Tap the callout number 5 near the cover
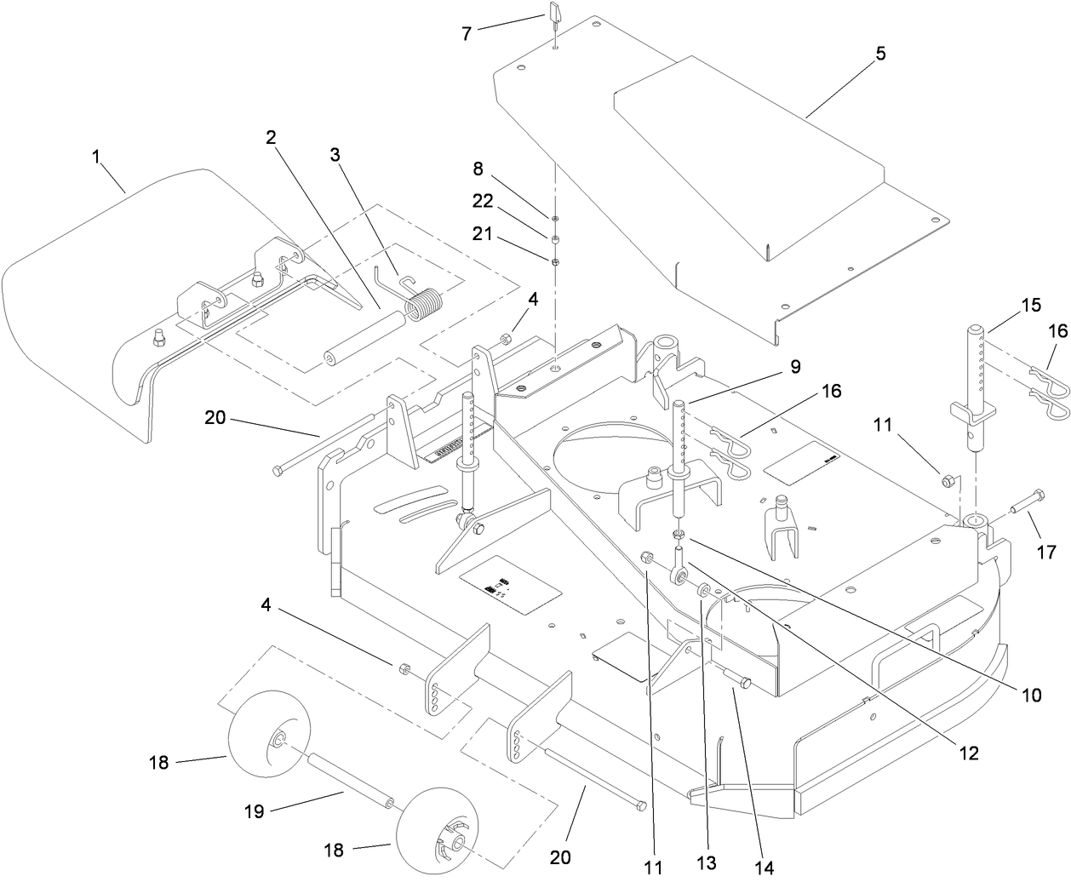coord(880,53)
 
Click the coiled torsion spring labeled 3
coord(422,305)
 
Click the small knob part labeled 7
coord(553,14)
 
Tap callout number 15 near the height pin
coord(1031,304)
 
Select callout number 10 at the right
coord(1030,695)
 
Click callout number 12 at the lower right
coord(969,753)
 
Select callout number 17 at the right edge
coord(1046,553)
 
